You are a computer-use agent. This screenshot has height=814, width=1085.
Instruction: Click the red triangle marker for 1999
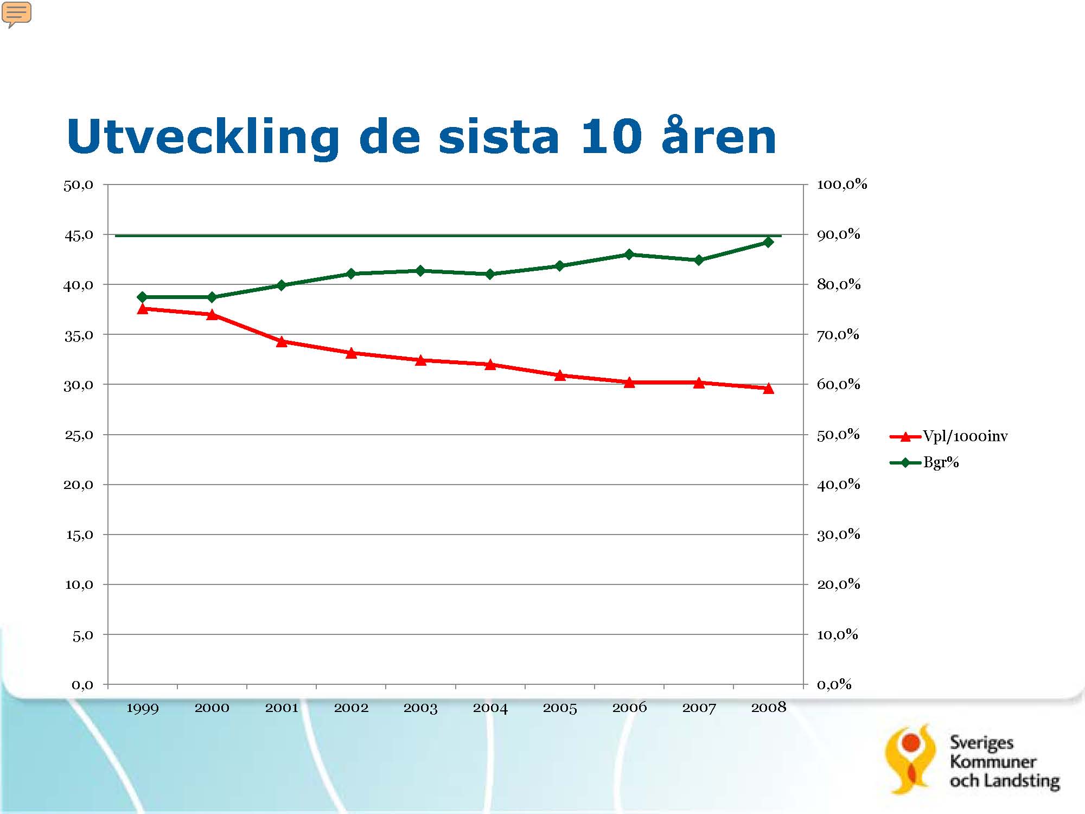tap(143, 309)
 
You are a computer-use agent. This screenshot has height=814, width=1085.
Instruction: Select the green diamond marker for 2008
tap(768, 242)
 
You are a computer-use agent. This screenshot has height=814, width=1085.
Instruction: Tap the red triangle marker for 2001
tap(282, 341)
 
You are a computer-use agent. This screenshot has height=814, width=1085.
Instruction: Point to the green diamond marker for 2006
tap(629, 255)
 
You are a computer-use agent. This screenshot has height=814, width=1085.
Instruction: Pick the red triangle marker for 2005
tap(560, 375)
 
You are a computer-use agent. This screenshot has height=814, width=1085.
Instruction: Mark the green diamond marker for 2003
tap(420, 271)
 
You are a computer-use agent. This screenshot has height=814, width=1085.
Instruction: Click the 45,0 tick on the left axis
tap(79, 235)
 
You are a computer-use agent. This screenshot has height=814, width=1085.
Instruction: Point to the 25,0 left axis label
tap(79, 435)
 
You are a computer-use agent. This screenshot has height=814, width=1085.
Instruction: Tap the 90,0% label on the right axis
tap(839, 234)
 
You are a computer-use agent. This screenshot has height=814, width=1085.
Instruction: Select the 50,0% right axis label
tap(839, 435)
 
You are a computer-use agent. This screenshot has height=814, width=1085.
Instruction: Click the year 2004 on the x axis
tap(490, 708)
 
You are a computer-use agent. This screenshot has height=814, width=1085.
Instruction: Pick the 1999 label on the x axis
tap(142, 708)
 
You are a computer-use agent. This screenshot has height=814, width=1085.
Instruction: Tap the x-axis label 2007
tap(699, 708)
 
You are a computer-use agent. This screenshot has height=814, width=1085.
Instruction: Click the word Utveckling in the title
tap(203, 137)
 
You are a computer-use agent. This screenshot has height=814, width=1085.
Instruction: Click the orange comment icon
tap(17, 14)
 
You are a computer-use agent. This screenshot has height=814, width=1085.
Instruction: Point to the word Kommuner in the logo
tap(993, 761)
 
